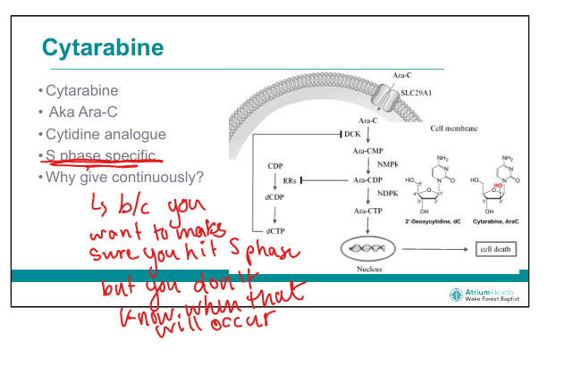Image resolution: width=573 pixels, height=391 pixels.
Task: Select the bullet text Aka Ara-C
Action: tap(83, 112)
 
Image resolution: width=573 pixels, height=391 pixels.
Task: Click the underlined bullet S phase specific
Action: tap(101, 156)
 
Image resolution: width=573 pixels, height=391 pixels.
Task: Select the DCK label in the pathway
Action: tap(351, 135)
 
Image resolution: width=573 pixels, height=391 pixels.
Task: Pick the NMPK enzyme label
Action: tap(387, 165)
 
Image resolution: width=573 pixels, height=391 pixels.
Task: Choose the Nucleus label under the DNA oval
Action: tap(367, 266)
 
